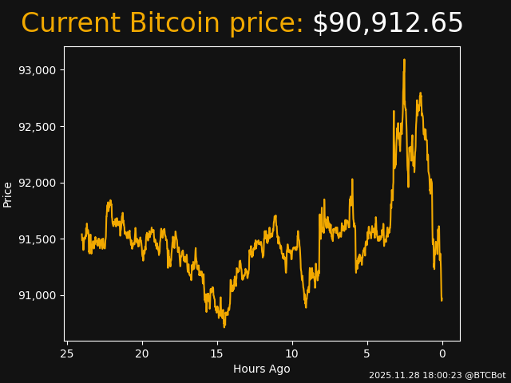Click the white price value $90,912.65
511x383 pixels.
pyautogui.click(x=387, y=24)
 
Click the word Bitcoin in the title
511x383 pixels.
pyautogui.click(x=172, y=24)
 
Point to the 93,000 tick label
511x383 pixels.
pyautogui.click(x=38, y=70)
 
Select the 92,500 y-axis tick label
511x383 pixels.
pyautogui.click(x=38, y=127)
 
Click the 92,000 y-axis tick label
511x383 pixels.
pyautogui.click(x=38, y=183)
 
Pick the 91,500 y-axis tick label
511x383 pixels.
pyautogui.click(x=38, y=239)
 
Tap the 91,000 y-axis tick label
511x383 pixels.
pyautogui.click(x=38, y=296)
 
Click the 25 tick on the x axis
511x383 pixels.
pyautogui.click(x=67, y=353)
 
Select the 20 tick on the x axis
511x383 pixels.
pyautogui.click(x=142, y=353)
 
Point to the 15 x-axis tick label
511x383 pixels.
pyautogui.click(x=216, y=353)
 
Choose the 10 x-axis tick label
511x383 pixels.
pyautogui.click(x=291, y=353)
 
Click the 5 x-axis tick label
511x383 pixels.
pyautogui.click(x=366, y=353)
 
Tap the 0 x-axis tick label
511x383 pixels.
pyautogui.click(x=442, y=353)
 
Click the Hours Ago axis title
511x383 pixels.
pyautogui.click(x=261, y=369)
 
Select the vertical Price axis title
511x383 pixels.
pyautogui.click(x=8, y=194)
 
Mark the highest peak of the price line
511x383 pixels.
pyautogui.click(x=404, y=60)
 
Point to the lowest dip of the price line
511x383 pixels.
pyautogui.click(x=224, y=326)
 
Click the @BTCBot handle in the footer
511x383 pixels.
pyautogui.click(x=484, y=375)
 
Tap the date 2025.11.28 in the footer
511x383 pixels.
pyautogui.click(x=393, y=375)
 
